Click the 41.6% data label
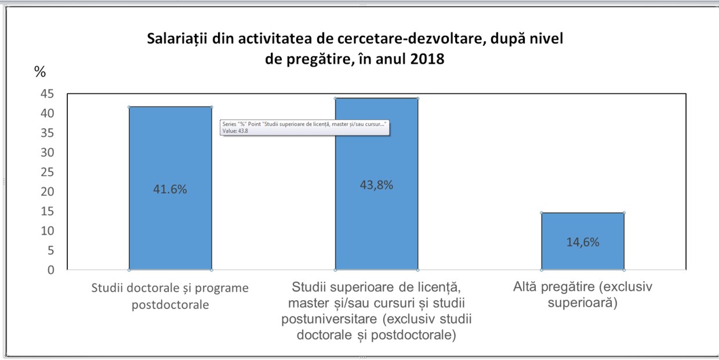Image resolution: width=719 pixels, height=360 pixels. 170,190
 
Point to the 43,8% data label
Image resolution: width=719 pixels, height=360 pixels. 376,186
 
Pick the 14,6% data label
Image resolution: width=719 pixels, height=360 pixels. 583,242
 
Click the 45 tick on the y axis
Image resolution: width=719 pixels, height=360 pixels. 48,94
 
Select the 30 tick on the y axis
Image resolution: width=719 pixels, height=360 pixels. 48,152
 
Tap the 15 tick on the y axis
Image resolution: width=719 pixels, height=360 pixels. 48,212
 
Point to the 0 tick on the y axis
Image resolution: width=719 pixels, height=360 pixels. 51,270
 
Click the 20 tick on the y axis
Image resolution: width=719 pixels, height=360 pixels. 48,192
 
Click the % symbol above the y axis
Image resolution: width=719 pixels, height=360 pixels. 40,72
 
